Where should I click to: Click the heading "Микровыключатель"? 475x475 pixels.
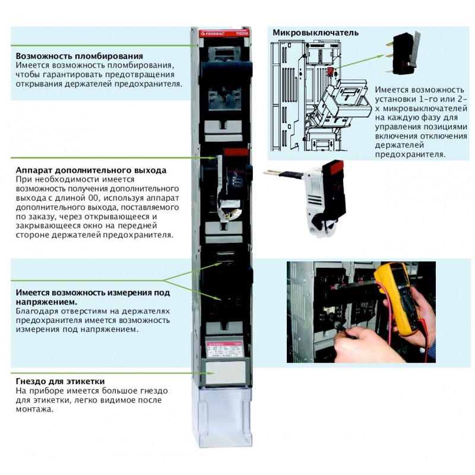[315, 32]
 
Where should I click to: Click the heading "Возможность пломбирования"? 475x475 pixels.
[79, 55]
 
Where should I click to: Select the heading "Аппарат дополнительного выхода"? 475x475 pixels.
[91, 170]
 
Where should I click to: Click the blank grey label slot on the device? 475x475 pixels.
[225, 372]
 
